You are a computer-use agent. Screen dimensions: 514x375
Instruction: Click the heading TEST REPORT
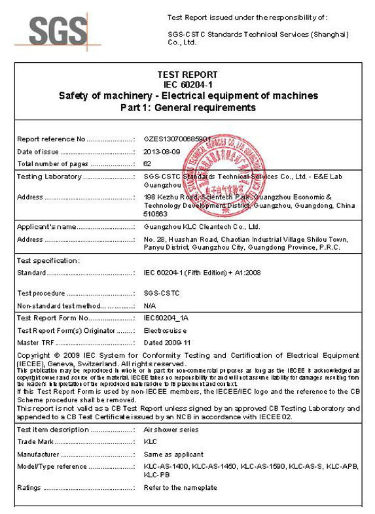pyautogui.click(x=187, y=75)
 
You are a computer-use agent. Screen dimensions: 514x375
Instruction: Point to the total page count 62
pyautogui.click(x=147, y=163)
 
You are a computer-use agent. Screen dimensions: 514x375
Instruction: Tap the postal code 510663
pyautogui.click(x=155, y=214)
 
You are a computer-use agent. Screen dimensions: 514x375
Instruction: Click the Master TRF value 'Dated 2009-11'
pyautogui.click(x=166, y=342)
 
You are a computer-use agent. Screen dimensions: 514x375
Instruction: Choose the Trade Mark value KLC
pyautogui.click(x=150, y=443)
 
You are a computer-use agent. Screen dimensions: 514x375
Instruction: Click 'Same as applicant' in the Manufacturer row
pyautogui.click(x=173, y=454)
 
